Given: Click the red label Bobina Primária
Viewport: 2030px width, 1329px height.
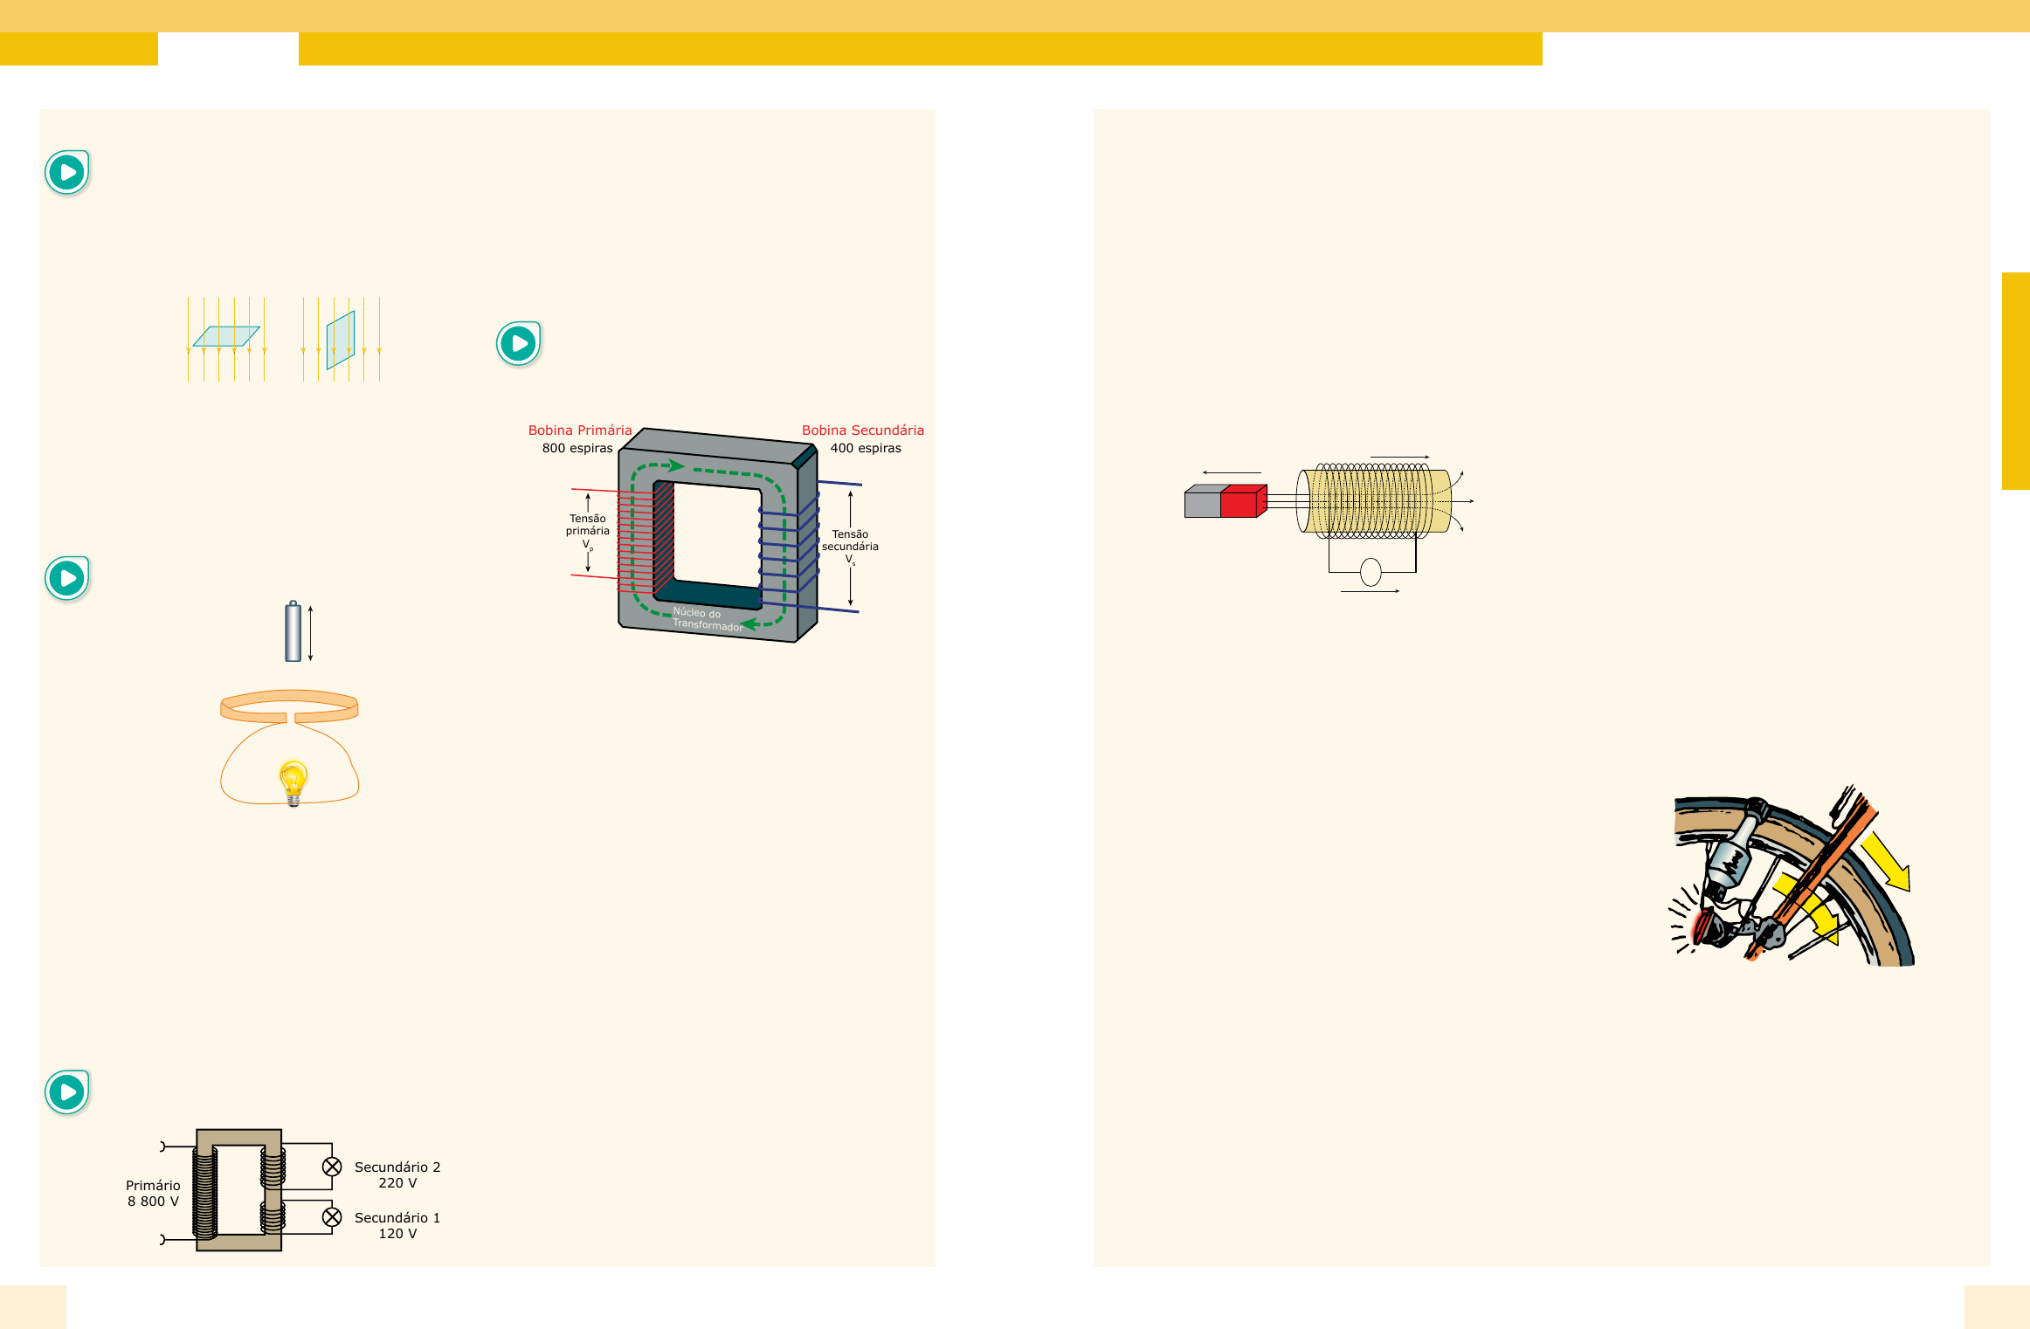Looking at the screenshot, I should click(x=579, y=430).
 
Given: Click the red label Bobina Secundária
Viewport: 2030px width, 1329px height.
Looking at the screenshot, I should click(x=862, y=430).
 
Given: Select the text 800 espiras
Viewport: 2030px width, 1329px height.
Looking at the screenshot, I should click(x=577, y=448).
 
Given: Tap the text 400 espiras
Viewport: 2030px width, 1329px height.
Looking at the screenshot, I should click(x=866, y=448).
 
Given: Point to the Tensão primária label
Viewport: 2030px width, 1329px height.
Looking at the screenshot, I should click(x=588, y=526).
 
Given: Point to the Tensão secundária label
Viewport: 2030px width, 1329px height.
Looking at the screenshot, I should click(x=850, y=541).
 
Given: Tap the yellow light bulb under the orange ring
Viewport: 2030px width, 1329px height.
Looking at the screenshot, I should click(x=293, y=780).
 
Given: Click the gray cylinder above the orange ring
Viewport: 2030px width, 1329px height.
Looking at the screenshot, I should click(x=293, y=631).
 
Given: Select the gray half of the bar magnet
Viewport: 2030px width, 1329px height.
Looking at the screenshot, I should click(x=1203, y=502).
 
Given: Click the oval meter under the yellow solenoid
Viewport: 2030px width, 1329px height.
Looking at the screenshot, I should click(x=1371, y=572).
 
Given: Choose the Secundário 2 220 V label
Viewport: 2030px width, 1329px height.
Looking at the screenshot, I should click(x=397, y=1174).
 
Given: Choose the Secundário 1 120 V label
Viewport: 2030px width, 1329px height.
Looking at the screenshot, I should click(x=397, y=1225).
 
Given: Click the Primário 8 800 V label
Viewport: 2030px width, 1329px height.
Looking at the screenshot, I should click(x=153, y=1193).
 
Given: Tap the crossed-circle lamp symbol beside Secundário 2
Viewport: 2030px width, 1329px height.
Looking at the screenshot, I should click(x=332, y=1167).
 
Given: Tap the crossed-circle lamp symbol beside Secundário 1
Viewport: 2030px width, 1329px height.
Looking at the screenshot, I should click(x=332, y=1217).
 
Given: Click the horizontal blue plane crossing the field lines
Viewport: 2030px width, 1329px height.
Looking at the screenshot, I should click(x=226, y=336).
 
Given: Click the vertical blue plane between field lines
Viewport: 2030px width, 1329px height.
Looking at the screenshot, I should click(x=341, y=340).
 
